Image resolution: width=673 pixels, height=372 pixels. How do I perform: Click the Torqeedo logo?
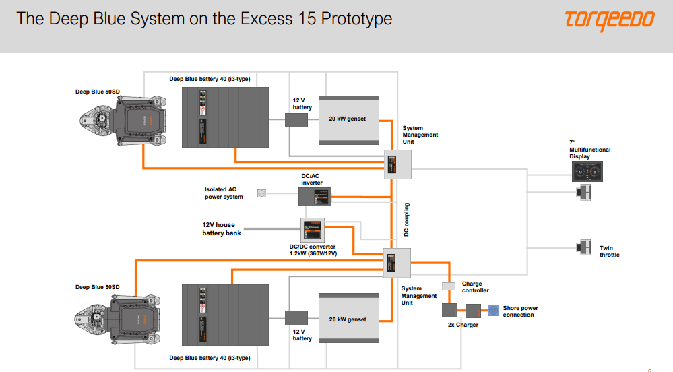[x=609, y=20]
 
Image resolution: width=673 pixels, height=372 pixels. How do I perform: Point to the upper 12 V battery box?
[x=296, y=120]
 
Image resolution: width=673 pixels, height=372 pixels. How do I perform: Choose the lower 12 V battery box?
[x=296, y=318]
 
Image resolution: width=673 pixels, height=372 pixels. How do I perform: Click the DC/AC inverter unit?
[x=314, y=197]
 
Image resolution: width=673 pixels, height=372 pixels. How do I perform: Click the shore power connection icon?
[x=493, y=311]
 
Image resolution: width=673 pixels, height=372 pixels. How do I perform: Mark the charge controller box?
[x=449, y=286]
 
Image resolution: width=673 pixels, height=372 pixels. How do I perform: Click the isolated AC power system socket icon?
[x=261, y=193]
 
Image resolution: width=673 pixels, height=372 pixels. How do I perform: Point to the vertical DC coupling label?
[x=406, y=219]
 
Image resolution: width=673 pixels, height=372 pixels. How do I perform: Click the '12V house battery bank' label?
[x=222, y=229]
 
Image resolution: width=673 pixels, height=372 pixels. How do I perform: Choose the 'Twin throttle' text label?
[x=609, y=251]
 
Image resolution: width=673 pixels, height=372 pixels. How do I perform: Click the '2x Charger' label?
[x=463, y=325]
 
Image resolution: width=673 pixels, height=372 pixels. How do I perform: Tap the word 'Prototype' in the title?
[x=356, y=18]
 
